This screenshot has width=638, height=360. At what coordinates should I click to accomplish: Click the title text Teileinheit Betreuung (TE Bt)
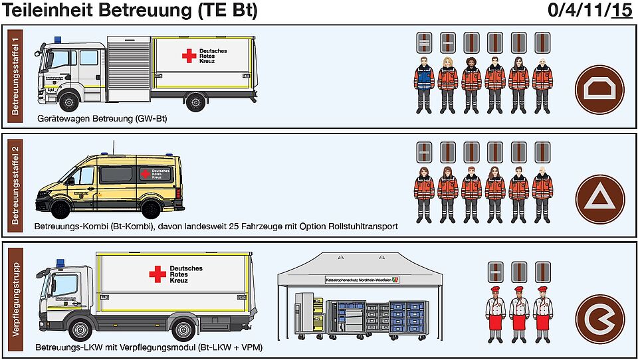tap(130, 11)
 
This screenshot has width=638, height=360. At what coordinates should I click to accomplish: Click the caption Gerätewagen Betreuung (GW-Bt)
tap(102, 119)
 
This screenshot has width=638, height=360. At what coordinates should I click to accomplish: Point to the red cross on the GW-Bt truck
tap(189, 56)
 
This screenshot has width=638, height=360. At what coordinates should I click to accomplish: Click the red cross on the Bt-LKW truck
tap(158, 274)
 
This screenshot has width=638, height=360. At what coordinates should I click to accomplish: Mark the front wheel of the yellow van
tap(61, 209)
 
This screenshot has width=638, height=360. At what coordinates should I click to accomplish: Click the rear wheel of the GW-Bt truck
tap(195, 102)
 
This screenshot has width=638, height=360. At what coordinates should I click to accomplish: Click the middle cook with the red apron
tap(518, 312)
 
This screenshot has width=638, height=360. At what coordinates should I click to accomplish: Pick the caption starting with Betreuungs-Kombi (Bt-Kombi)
tap(216, 226)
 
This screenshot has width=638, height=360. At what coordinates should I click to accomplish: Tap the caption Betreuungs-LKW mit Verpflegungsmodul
tap(149, 347)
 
